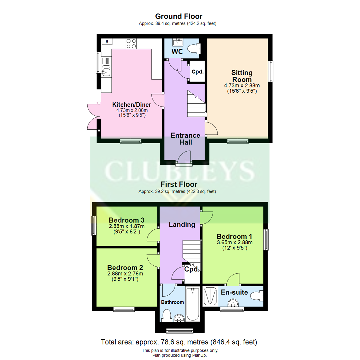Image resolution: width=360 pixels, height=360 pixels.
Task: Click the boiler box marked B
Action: pos(107,42)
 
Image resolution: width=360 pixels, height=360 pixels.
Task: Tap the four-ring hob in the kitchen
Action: pos(131,43)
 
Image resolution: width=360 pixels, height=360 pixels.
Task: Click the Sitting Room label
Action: pos(242,76)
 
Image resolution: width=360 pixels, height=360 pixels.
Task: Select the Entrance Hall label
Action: pos(185,139)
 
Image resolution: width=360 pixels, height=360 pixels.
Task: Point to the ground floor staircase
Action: pos(195,104)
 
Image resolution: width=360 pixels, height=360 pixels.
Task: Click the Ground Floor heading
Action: pos(179,16)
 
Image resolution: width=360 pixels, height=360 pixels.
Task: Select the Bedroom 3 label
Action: pos(126,220)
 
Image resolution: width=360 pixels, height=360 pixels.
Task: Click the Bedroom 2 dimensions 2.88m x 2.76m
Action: pos(125,274)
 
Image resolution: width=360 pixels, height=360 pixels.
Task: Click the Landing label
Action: pos(182,224)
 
